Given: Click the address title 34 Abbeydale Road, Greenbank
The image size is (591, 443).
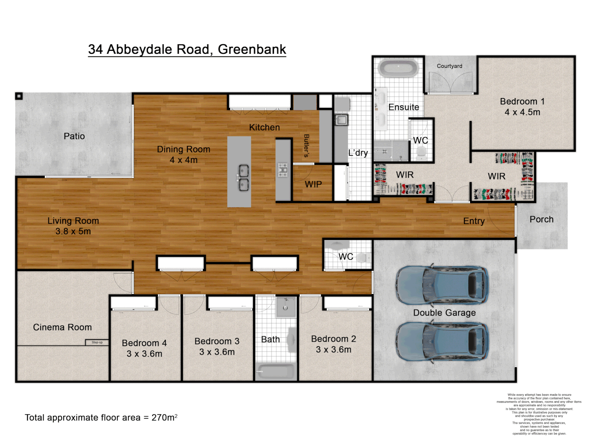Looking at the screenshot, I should pos(187,49).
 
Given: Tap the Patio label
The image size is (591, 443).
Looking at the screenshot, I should pos(74,136).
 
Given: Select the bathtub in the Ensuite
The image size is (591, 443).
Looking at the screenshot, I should pos(398,69).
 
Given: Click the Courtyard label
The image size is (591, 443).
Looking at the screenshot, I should pos(449,66).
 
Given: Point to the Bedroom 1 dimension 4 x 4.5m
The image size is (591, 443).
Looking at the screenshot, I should pos(522,112).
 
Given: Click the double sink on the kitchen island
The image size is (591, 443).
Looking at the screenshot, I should pos(244,178).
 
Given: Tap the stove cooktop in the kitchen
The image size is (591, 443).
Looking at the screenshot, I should pos(283,170).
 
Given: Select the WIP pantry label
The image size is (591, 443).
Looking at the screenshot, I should pos(313,185).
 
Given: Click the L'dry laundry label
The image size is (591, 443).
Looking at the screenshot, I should pos(358,153).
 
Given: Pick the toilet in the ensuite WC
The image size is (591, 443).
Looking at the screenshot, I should pos(421,153).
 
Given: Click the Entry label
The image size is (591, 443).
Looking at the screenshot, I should pos(474,221).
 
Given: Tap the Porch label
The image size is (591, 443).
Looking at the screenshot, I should pos(541,219).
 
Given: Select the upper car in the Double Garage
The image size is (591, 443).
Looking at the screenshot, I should pos(442,285).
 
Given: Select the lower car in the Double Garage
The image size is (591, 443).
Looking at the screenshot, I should pos(442,341).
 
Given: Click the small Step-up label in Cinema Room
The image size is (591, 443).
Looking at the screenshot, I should pos(97,343).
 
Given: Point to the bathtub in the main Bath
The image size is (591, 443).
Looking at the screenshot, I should pos(276,372).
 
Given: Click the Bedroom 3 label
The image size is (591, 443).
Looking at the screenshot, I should pos(217,341).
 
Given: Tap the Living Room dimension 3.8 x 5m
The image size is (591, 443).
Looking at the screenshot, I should pos(73,231).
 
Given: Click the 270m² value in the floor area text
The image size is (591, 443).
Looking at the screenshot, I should pos(164,418).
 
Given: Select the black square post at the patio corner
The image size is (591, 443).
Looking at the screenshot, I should pos(19,96).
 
